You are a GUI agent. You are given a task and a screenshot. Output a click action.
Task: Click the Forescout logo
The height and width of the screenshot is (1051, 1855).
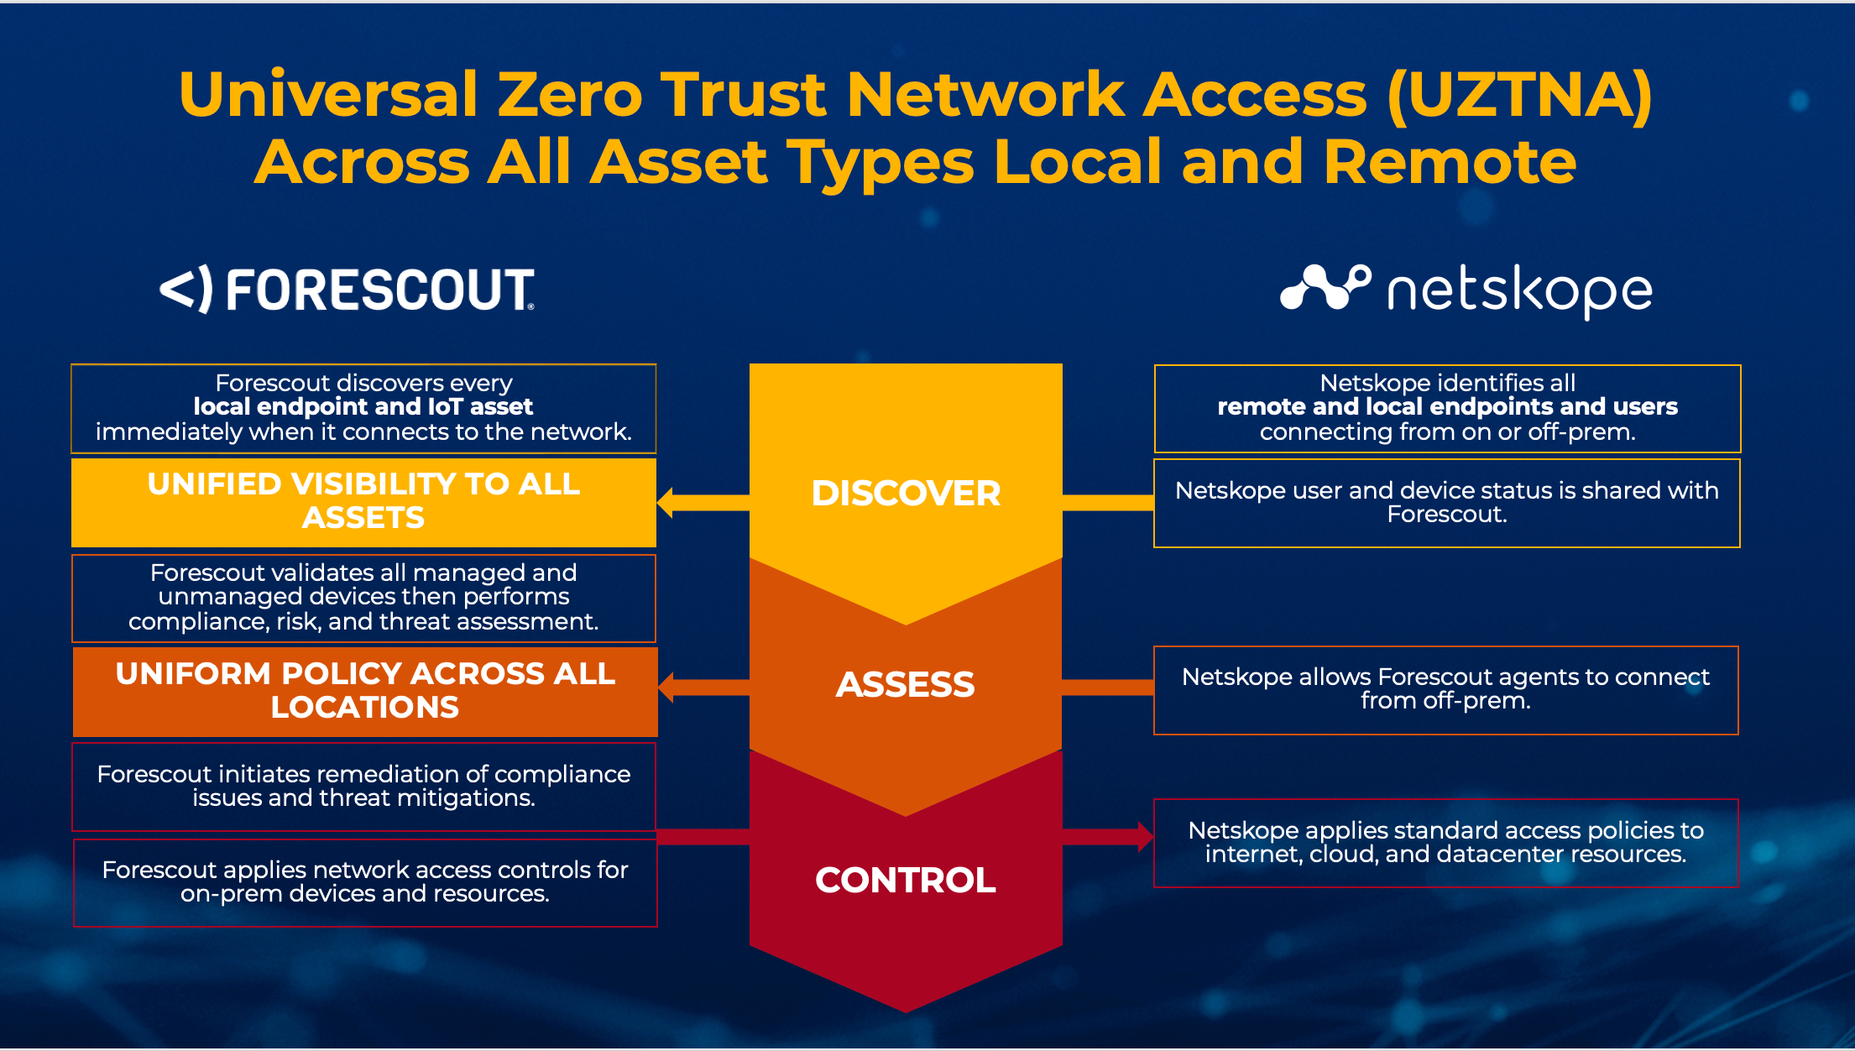[347, 290]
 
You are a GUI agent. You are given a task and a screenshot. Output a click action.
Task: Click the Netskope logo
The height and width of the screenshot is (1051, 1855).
[1466, 290]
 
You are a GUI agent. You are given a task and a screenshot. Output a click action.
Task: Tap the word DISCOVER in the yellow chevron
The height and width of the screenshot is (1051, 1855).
[906, 494]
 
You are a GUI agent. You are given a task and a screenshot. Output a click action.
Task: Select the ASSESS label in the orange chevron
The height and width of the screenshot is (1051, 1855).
[906, 685]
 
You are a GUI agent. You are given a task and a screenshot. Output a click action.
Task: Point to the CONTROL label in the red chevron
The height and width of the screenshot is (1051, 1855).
[906, 881]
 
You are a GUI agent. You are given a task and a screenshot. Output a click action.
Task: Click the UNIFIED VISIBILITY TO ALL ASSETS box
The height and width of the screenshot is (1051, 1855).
[363, 501]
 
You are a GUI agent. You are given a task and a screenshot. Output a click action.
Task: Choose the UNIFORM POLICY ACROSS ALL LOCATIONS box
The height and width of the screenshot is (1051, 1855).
[365, 691]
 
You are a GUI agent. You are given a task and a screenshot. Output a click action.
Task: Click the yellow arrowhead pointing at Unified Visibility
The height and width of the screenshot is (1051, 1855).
[666, 503]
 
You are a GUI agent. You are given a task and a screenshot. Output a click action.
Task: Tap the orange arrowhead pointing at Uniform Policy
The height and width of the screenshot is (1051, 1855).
[667, 687]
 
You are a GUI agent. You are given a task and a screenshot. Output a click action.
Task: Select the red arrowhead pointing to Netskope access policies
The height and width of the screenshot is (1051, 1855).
[1145, 836]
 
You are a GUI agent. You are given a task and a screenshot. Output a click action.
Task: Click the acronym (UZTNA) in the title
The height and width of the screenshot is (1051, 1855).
[1520, 95]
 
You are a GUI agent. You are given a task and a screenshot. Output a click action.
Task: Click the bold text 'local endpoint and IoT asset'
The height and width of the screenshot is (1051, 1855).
[363, 407]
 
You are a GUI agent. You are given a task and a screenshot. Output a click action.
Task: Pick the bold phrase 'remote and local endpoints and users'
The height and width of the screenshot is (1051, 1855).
[1447, 407]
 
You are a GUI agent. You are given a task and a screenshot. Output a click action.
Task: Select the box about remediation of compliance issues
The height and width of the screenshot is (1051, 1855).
[363, 787]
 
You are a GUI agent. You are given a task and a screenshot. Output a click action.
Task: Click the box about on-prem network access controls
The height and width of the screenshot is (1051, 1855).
[365, 882]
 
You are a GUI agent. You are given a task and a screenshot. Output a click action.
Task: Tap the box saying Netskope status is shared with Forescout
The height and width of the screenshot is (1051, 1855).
[1446, 503]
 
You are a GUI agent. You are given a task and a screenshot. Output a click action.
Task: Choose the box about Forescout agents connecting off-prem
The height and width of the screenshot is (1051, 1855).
[1445, 689]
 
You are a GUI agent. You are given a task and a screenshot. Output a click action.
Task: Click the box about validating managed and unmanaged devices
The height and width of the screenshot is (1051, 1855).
[363, 598]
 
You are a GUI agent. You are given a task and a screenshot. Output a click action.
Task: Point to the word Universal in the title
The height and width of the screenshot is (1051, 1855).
[327, 95]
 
